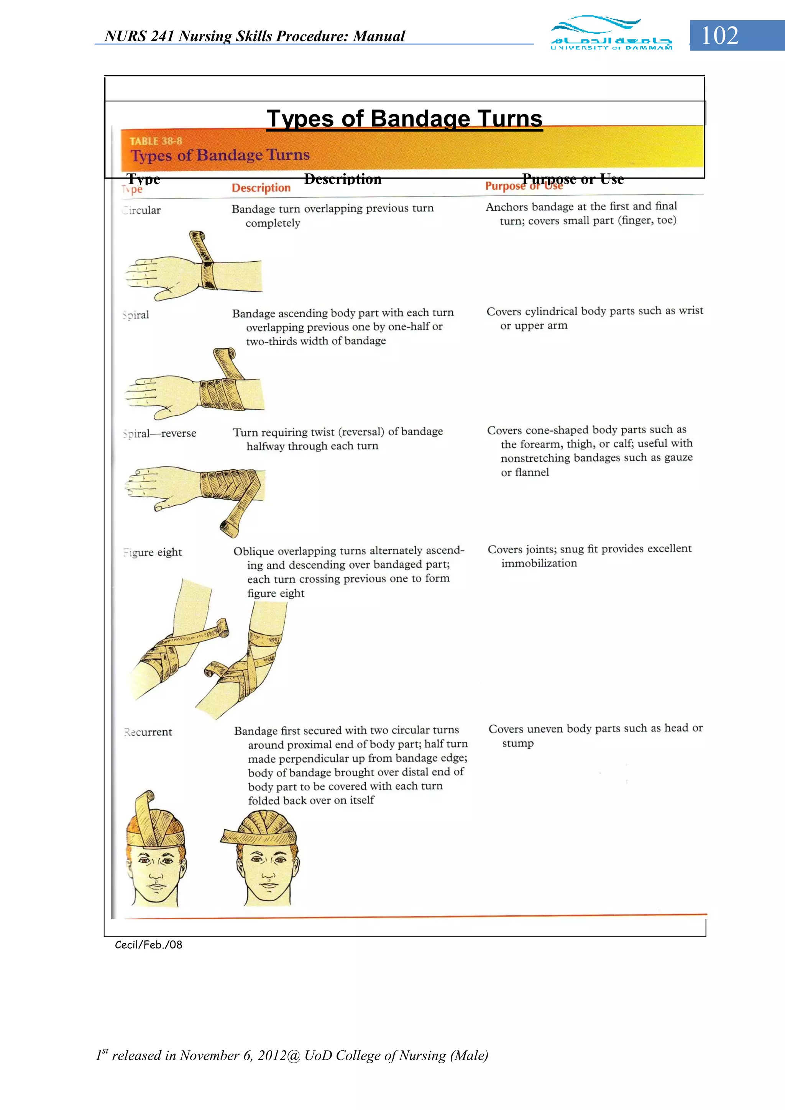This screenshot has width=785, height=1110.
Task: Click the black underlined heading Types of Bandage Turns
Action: point(404,118)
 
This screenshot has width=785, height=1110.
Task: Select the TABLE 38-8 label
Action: point(156,141)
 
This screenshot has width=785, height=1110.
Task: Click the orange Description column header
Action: point(261,188)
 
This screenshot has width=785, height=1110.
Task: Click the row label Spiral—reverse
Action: point(159,433)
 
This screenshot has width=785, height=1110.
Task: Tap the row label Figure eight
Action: point(153,552)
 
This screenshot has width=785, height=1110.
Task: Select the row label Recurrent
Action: point(148,732)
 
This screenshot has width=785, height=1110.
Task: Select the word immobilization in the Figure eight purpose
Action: point(539,563)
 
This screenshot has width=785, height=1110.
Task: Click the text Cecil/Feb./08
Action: point(148,944)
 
